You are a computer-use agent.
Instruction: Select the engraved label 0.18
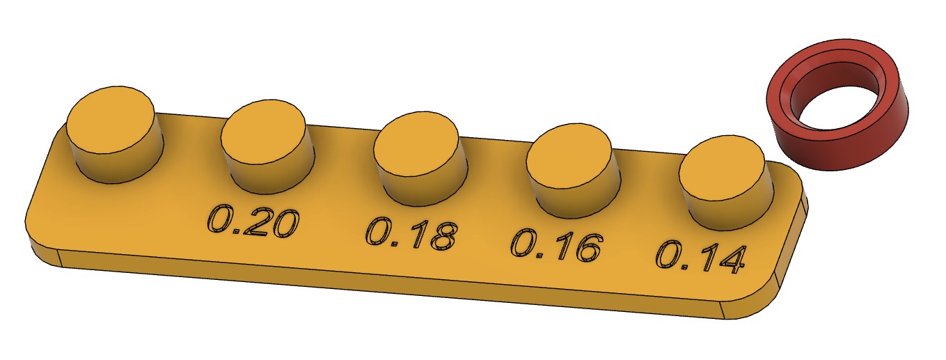[x=411, y=235]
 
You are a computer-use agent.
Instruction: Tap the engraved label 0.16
[x=556, y=246]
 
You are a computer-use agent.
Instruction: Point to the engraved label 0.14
[x=700, y=258]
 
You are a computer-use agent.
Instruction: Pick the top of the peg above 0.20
[x=262, y=132]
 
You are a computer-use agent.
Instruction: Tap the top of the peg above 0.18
[x=416, y=145]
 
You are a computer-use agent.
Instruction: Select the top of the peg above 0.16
[x=569, y=157]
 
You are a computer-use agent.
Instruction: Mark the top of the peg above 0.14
[x=721, y=169]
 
